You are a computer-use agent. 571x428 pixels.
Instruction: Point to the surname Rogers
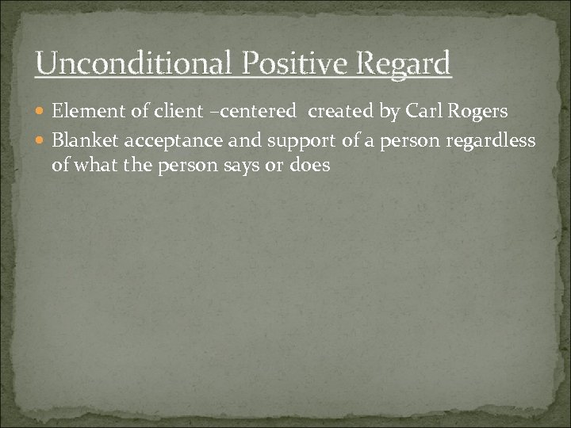pos(480,113)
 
